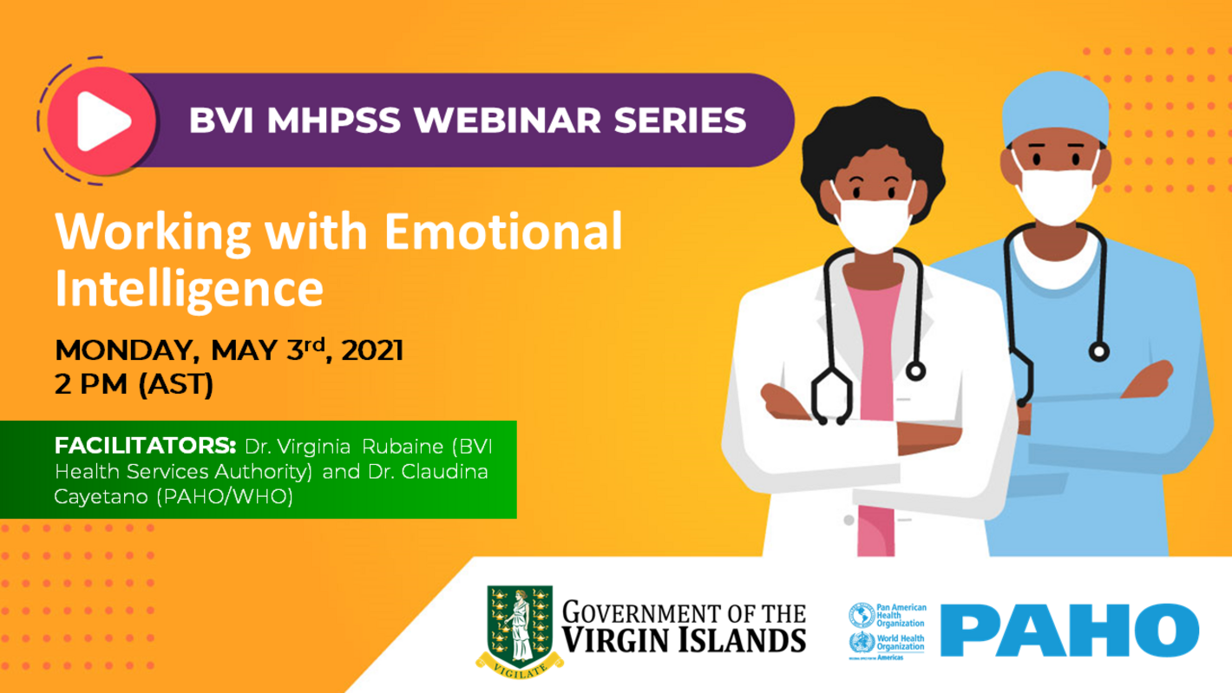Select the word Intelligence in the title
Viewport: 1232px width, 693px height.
(189, 290)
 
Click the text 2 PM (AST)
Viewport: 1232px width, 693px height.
(134, 384)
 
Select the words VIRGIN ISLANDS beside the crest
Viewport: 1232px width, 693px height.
(684, 640)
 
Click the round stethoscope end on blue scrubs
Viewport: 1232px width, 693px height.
(1100, 352)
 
